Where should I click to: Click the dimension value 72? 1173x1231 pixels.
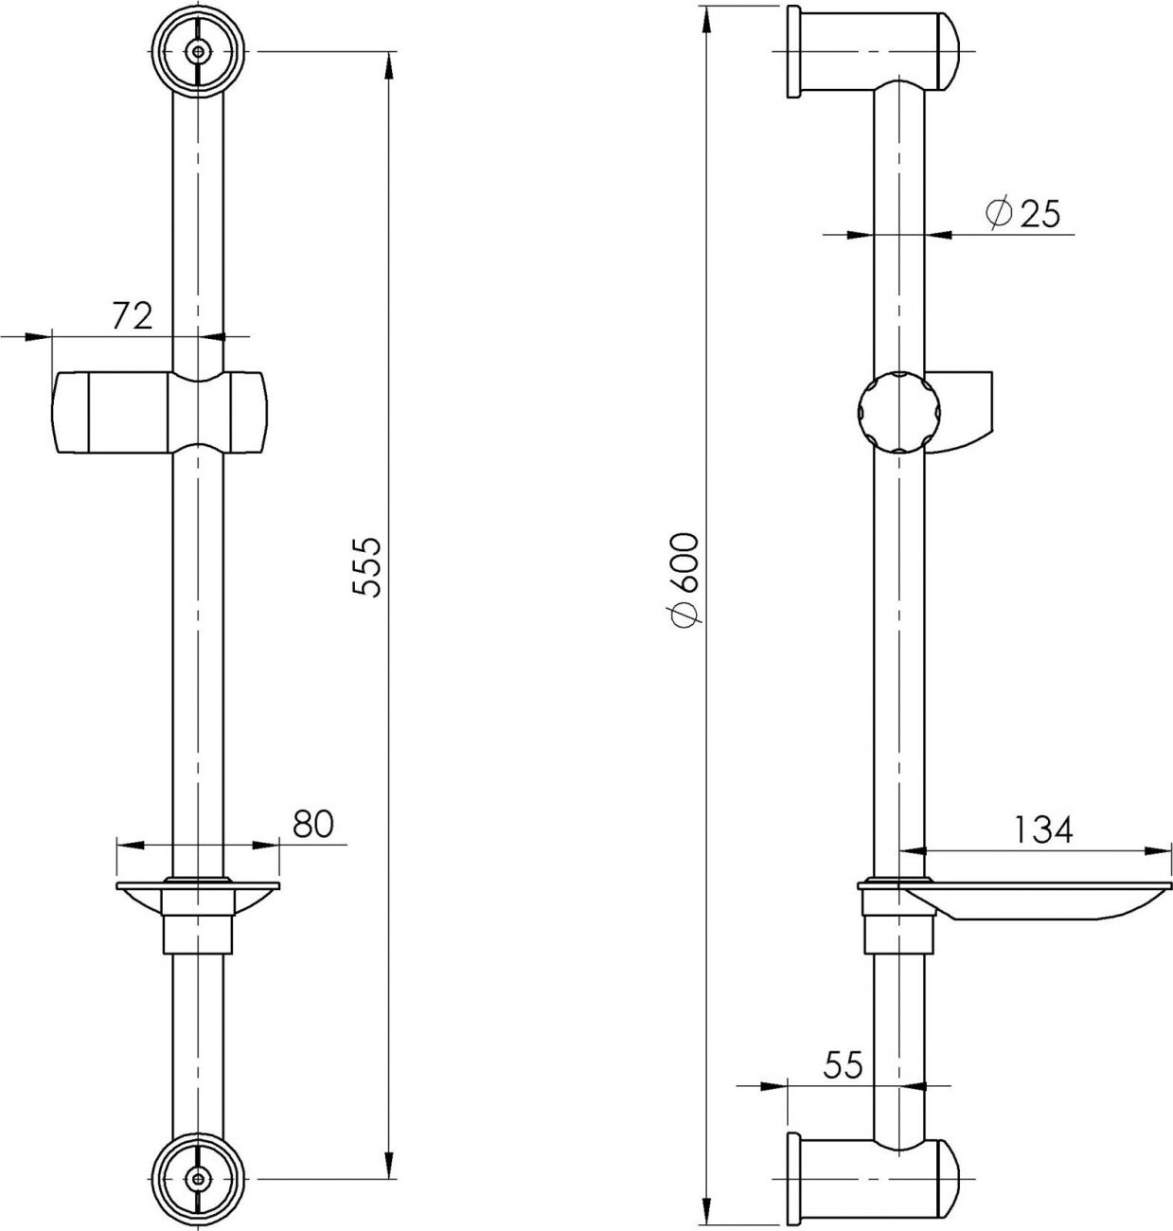click(x=133, y=316)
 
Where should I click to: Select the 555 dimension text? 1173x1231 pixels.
click(x=365, y=566)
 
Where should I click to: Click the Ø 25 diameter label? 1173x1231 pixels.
click(x=1022, y=213)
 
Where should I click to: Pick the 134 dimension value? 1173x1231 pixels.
click(x=1042, y=830)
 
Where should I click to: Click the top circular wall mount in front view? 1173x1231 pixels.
click(x=198, y=53)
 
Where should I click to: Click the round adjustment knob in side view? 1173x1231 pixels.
click(x=898, y=412)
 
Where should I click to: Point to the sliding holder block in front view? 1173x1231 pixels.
click(x=160, y=412)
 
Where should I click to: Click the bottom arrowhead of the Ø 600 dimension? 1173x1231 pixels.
click(x=707, y=1212)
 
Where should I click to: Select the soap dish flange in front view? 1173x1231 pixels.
click(x=198, y=885)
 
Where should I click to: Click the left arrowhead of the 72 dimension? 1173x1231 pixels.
click(x=38, y=336)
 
